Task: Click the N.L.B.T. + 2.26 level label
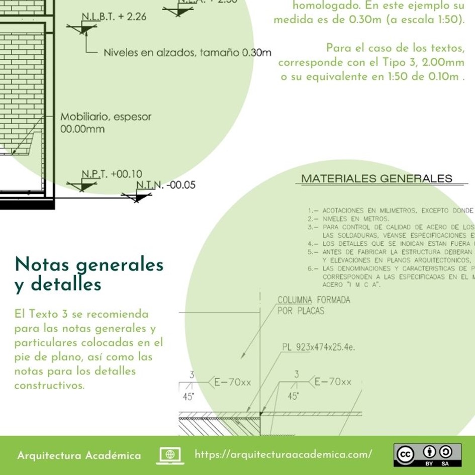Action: click(114, 17)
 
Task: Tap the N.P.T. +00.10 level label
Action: click(112, 174)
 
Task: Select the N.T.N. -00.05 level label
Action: click(165, 185)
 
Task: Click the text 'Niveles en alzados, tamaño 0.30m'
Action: click(187, 52)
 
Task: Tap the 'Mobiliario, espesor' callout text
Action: click(106, 117)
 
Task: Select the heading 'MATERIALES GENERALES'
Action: click(376, 178)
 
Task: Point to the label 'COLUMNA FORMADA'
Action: click(314, 300)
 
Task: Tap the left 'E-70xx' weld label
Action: click(232, 383)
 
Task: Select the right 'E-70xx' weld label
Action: click(332, 382)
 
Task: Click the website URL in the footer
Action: click(283, 454)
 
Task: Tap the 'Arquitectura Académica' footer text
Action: click(79, 455)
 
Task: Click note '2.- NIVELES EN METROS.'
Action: click(348, 219)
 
